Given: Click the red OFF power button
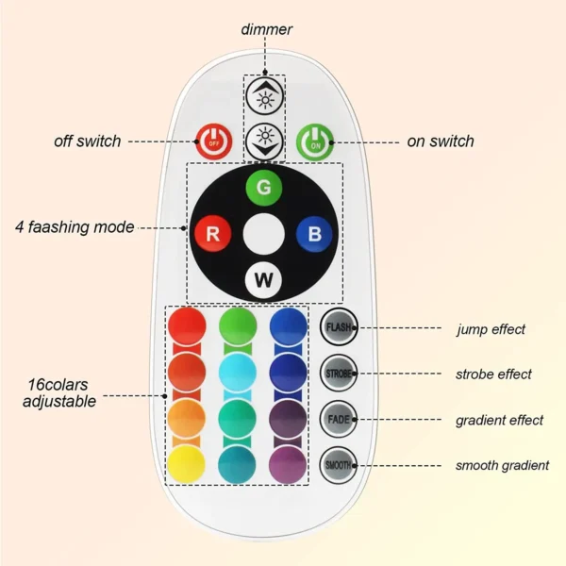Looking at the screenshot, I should coord(212,142).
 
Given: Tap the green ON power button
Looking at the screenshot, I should coord(314,142).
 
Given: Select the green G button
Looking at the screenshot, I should coord(264,188).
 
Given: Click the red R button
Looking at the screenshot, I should coord(212,233).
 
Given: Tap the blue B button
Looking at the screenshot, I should coord(314,233).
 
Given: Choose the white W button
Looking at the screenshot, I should coord(264,279).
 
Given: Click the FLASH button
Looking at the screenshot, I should coord(338,329).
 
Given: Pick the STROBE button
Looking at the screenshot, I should coord(338,374).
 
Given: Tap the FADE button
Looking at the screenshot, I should coord(338,419).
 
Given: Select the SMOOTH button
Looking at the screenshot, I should coord(338,464).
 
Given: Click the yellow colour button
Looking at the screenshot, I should coord(186,464).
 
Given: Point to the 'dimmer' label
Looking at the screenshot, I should coord(266,29).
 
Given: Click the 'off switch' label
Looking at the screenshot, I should coord(87,141).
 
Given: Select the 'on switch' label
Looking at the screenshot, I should coord(440,141).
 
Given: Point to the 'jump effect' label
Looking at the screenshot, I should coord(491,329).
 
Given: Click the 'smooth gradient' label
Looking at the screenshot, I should coord(503,465).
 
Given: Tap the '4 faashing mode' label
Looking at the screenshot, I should coord(75,227).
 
